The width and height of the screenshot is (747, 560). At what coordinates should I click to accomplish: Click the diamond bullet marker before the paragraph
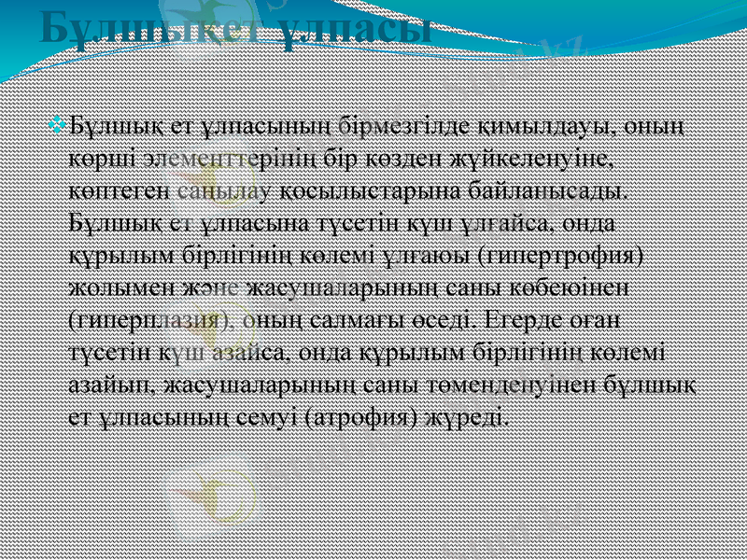[61, 123]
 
